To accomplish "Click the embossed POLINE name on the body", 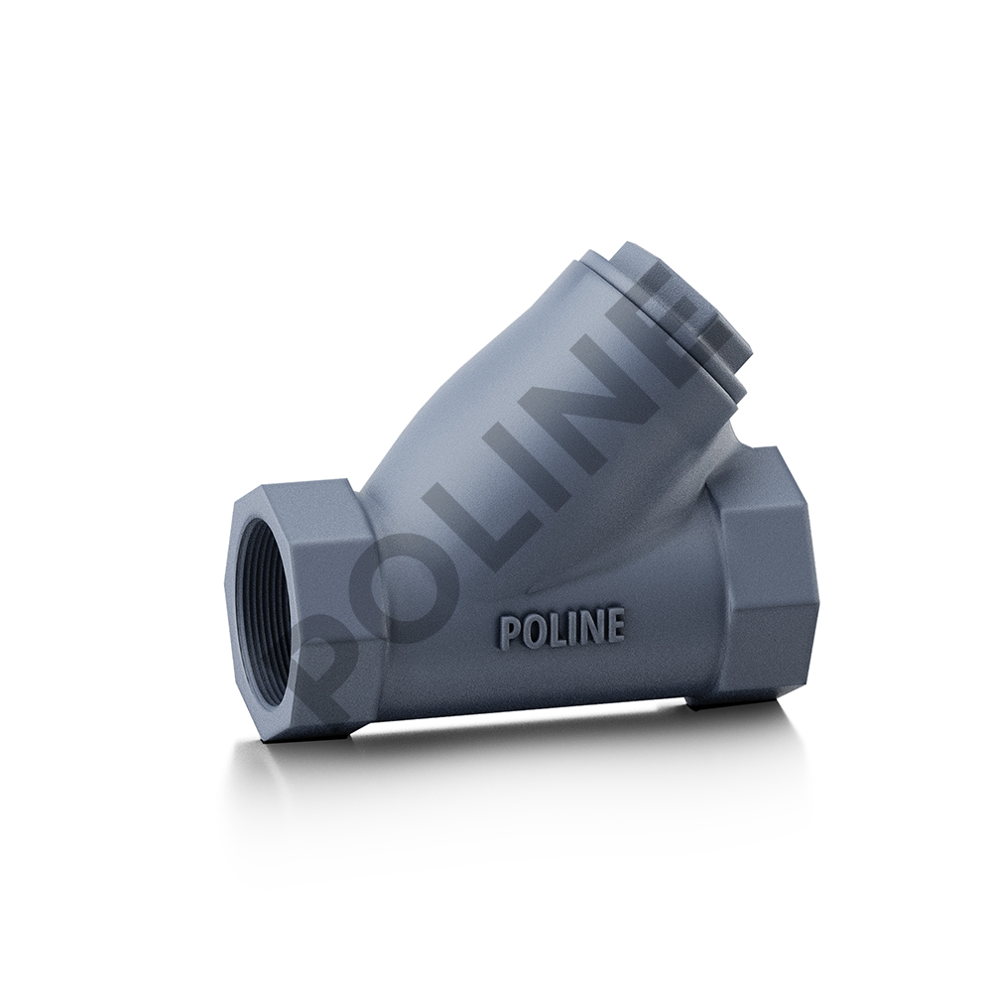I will pyautogui.click(x=562, y=629).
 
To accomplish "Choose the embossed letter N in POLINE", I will pyautogui.click(x=588, y=628).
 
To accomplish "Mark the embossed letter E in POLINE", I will pyautogui.click(x=614, y=626).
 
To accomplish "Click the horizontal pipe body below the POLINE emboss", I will pyautogui.click(x=556, y=684).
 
